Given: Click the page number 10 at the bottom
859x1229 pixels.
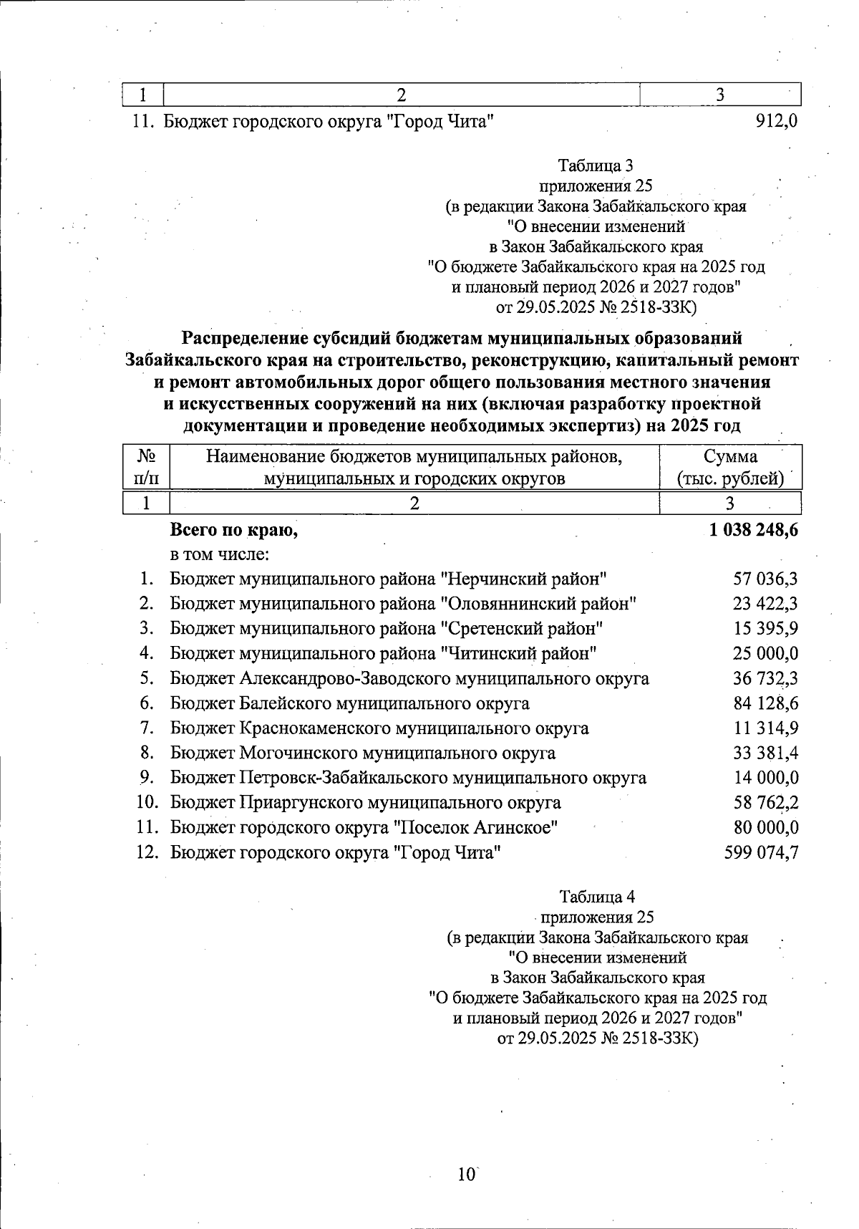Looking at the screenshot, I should coord(466,1174).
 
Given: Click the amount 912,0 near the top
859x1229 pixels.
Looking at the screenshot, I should coord(776,121).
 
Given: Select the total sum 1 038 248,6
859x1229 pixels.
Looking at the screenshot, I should coord(753,530).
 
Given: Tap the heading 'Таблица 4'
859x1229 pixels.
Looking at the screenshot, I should coord(597,897).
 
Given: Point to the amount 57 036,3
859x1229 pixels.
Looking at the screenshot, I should coord(765,579).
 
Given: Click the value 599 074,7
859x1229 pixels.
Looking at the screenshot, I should coord(762,852).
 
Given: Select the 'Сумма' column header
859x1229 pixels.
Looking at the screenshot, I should coord(730,457).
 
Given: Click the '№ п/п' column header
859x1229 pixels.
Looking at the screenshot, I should coord(146,467).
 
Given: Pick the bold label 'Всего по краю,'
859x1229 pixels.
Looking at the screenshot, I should coord(233,530).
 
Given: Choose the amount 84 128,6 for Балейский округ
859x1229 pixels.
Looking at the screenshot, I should coord(765,703).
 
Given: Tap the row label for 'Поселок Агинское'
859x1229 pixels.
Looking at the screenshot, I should coord(364,827).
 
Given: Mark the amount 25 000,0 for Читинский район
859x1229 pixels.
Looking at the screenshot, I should coord(765,653).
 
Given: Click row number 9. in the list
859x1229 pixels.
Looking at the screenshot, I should coord(147,777).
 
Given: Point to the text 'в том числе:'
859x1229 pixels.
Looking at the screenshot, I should coord(219,554).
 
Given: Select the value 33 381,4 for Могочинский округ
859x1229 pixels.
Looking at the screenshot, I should coord(765,753).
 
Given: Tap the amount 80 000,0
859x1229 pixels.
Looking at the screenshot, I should coord(765,827).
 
